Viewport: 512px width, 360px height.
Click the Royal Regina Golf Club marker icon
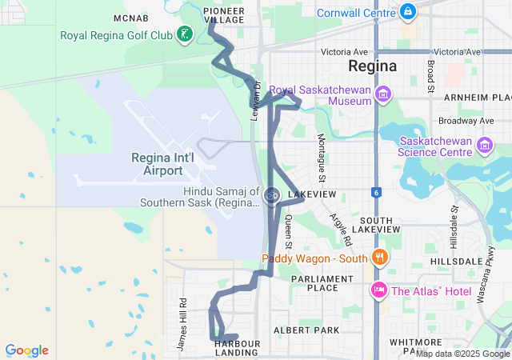click(x=186, y=34)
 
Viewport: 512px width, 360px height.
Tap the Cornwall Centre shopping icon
click(x=408, y=12)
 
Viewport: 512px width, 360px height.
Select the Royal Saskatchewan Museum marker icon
click(x=383, y=95)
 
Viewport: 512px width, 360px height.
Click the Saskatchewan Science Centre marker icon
click(x=484, y=146)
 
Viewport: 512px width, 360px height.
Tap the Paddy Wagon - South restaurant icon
click(x=379, y=258)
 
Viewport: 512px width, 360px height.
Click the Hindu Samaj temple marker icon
click(x=272, y=194)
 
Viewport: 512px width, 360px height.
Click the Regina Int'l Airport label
click(x=162, y=165)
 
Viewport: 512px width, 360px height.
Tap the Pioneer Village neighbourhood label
click(x=224, y=14)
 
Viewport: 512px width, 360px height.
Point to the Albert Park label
click(x=306, y=330)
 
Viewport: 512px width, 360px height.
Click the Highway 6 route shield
click(x=375, y=192)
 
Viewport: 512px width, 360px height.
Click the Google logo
click(x=26, y=350)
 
